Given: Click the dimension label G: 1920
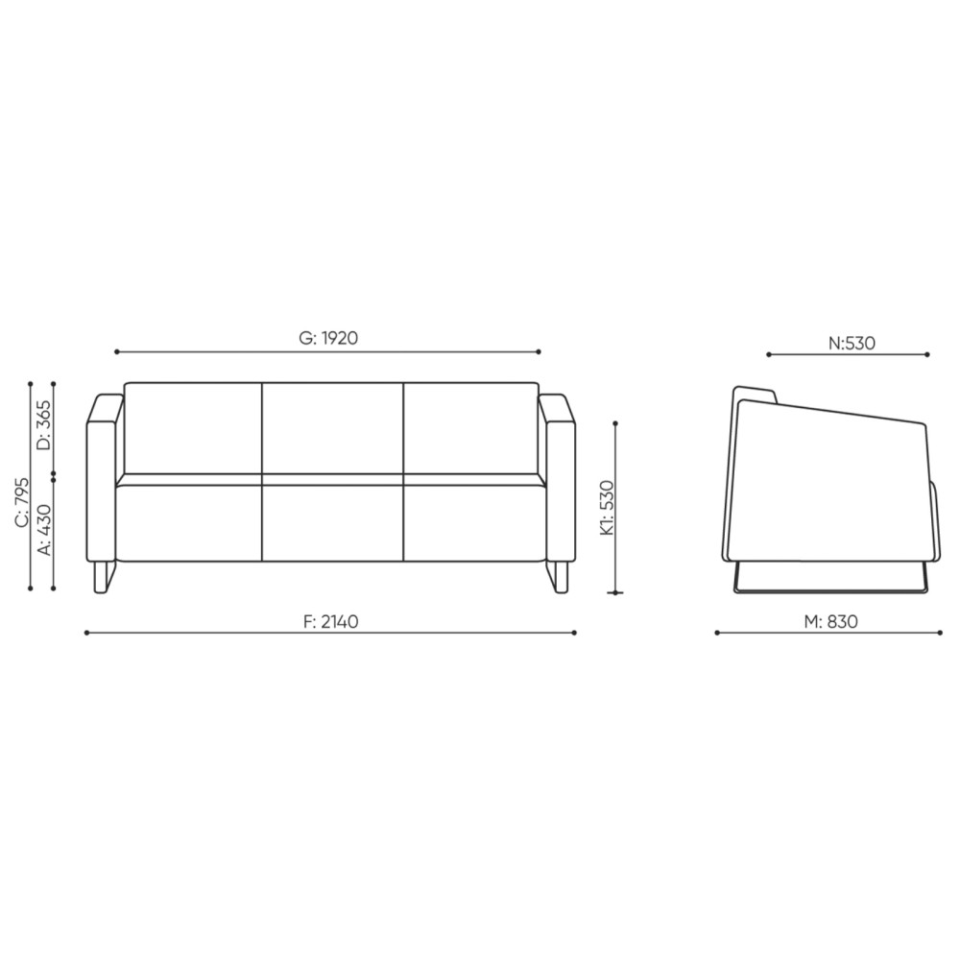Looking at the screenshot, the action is [327, 338].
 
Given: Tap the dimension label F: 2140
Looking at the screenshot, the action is [330, 621].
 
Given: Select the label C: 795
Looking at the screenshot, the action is [21, 501].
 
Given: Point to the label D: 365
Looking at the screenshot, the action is [45, 425].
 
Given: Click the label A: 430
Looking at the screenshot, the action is [45, 529].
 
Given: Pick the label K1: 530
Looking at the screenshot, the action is [607, 508].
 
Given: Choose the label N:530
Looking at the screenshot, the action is [852, 343].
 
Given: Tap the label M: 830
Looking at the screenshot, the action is [830, 621].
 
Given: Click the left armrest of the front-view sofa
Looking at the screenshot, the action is [101, 477].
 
